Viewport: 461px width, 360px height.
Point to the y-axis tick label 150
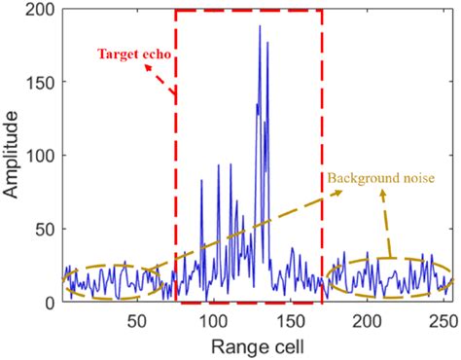pyautogui.click(x=43, y=83)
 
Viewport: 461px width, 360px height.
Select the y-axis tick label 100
pyautogui.click(x=43, y=156)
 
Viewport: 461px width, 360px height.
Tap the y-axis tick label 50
pyautogui.click(x=47, y=230)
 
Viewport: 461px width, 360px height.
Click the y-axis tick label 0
pyautogui.click(x=51, y=303)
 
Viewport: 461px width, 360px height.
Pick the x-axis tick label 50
pyautogui.click(x=136, y=321)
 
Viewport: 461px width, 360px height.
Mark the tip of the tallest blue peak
pyautogui.click(x=260, y=26)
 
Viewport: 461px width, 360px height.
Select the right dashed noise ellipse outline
pyautogui.click(x=389, y=259)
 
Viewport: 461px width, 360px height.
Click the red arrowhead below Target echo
pyautogui.click(x=173, y=93)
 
